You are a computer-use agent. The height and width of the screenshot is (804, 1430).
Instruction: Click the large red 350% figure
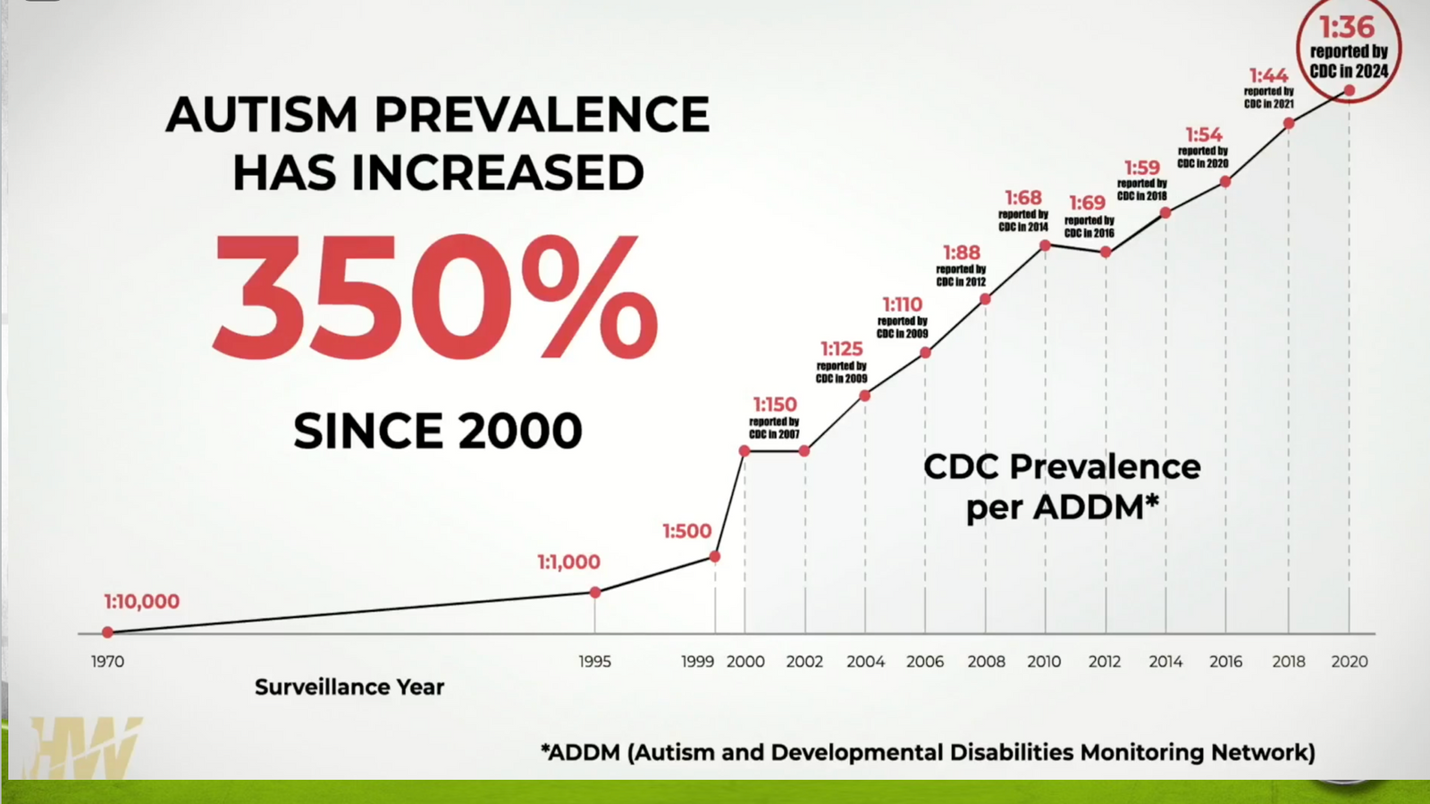(x=435, y=297)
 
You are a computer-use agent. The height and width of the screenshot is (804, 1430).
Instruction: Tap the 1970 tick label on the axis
(x=107, y=662)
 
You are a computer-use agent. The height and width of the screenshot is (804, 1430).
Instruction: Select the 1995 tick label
(x=594, y=662)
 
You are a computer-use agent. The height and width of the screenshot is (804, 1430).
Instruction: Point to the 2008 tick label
(x=986, y=662)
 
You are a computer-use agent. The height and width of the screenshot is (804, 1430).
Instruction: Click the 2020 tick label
(x=1349, y=662)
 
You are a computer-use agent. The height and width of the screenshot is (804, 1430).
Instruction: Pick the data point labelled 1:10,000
(x=108, y=632)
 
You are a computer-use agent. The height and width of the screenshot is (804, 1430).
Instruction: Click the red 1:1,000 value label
(x=568, y=562)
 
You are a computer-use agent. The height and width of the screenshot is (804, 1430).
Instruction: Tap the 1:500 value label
(x=686, y=531)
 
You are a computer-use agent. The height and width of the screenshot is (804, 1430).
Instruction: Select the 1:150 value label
(x=774, y=405)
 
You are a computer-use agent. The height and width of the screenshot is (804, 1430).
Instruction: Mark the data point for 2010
(x=1045, y=245)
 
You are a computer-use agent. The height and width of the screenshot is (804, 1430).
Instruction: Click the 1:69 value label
(x=1087, y=204)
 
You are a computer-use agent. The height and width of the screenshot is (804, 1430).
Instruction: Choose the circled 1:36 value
(x=1347, y=28)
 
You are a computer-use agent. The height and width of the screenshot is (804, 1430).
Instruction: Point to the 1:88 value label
(x=961, y=253)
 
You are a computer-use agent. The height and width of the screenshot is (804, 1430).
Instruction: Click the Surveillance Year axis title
(x=349, y=687)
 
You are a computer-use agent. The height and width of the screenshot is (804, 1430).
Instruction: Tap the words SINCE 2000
(x=438, y=431)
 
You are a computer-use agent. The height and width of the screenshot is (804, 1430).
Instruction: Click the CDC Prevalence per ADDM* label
(x=1062, y=487)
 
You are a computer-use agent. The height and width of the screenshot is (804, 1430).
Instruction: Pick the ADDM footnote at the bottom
(x=928, y=752)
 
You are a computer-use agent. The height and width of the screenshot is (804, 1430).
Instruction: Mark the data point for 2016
(x=1225, y=181)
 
